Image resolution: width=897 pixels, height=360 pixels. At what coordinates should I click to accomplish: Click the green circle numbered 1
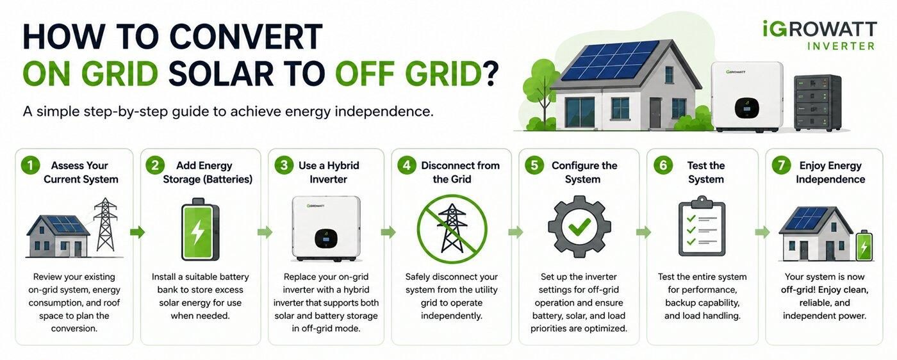(x=31, y=165)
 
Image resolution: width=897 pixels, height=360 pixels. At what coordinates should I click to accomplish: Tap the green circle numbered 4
(x=407, y=165)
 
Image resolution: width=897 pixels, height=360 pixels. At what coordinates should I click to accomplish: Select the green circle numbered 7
(x=781, y=165)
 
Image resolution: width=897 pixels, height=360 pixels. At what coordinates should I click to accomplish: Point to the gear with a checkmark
(x=579, y=227)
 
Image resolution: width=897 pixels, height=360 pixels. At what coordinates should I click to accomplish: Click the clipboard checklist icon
(x=702, y=226)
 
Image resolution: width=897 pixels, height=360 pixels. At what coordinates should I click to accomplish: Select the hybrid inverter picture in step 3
(x=326, y=228)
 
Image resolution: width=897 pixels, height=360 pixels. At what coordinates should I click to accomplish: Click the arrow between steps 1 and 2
(x=137, y=232)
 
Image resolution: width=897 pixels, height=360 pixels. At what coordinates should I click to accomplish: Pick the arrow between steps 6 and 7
(x=762, y=232)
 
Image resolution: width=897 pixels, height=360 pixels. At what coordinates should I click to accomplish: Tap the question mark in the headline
(x=491, y=74)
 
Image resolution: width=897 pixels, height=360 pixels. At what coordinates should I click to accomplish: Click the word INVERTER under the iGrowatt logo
(x=841, y=46)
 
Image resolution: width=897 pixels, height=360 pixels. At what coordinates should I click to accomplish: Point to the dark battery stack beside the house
(x=818, y=102)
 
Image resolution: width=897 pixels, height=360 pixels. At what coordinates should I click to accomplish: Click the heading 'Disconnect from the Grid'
(x=459, y=172)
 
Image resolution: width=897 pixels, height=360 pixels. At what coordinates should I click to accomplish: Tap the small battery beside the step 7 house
(x=864, y=245)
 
